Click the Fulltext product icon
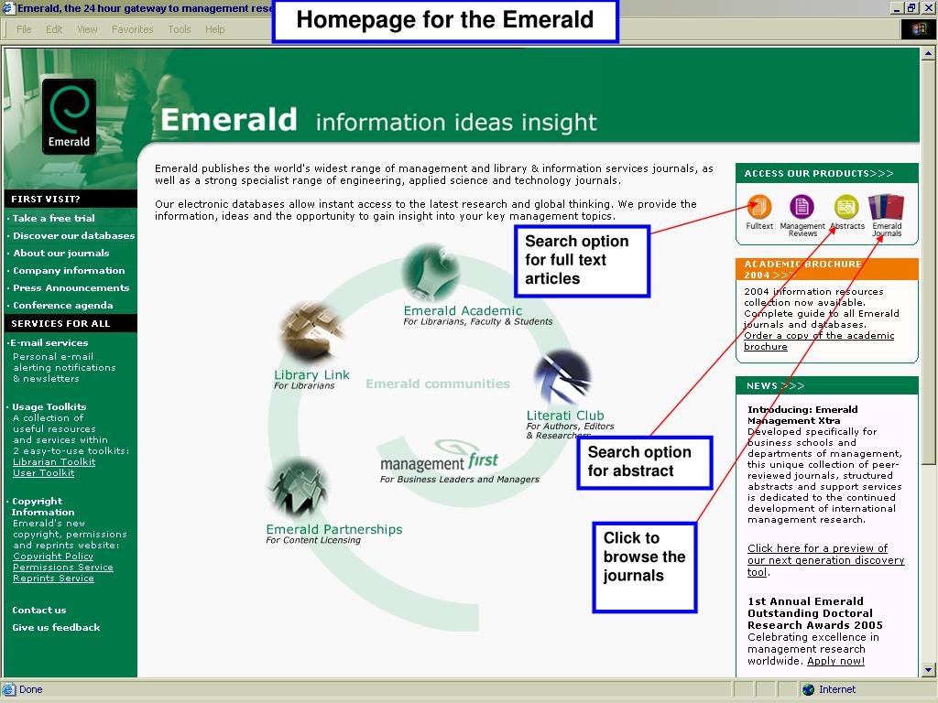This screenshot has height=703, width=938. tap(759, 207)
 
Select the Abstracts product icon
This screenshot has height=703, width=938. tap(845, 207)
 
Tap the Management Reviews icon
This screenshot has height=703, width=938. tap(802, 207)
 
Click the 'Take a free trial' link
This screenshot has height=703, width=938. tap(53, 219)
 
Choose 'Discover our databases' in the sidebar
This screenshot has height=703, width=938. tap(73, 236)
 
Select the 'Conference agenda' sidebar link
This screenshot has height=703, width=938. tap(62, 306)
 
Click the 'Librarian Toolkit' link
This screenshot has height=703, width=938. tap(54, 462)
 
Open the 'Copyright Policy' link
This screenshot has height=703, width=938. tap(53, 557)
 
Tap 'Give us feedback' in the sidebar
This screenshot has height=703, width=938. tap(56, 628)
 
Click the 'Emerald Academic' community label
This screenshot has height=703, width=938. tap(463, 311)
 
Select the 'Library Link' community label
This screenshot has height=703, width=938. tap(311, 375)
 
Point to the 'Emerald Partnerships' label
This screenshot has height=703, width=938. tap(333, 530)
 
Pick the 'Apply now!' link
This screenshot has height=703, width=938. tap(835, 661)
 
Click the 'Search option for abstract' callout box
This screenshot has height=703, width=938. tap(645, 462)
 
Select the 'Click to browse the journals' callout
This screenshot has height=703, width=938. tap(645, 567)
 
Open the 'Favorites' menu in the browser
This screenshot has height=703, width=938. tap(133, 29)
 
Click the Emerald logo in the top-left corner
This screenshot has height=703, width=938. tap(69, 116)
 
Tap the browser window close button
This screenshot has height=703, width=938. tap(927, 8)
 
